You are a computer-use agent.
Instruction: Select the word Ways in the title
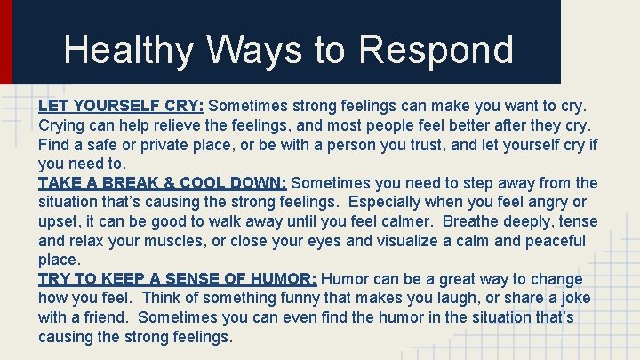point(242,50)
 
